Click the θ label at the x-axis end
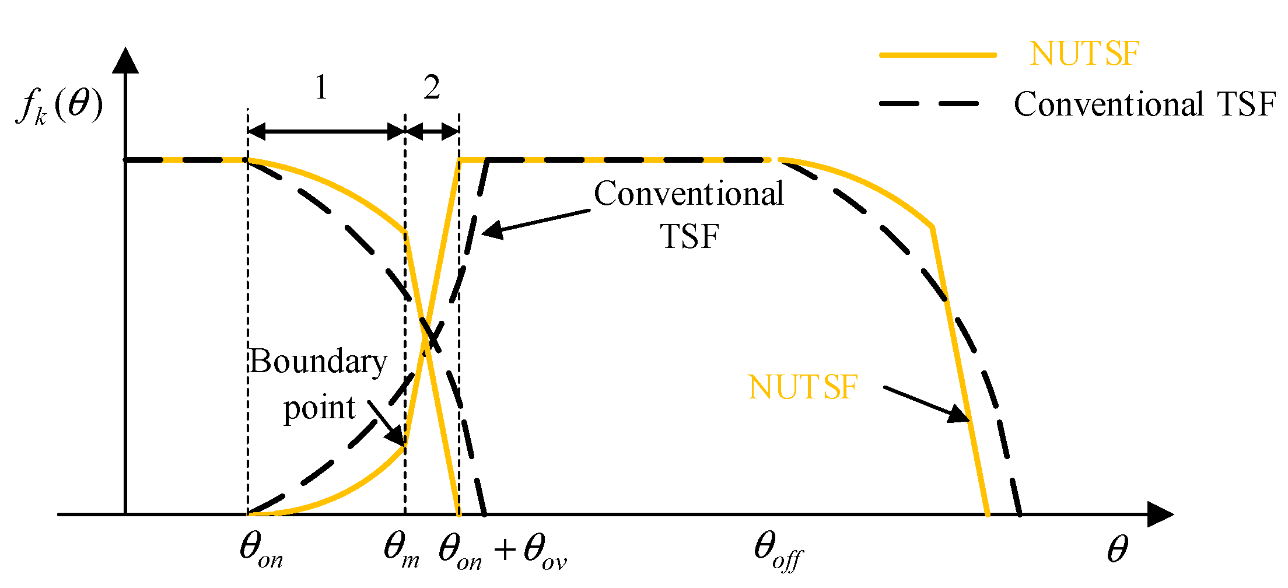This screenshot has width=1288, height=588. click(1117, 549)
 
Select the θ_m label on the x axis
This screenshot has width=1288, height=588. click(401, 550)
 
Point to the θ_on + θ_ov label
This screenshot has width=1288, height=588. click(502, 551)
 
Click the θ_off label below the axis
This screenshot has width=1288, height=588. click(778, 550)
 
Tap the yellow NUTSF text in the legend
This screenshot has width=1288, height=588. click(1084, 54)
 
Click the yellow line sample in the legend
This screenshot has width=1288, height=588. click(938, 55)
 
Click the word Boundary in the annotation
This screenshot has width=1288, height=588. click(318, 362)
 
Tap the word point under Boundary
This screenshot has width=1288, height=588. click(319, 408)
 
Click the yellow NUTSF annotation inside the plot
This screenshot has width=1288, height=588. click(802, 387)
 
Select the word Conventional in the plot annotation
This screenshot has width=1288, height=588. click(688, 194)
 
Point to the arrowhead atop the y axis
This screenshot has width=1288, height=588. click(125, 61)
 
